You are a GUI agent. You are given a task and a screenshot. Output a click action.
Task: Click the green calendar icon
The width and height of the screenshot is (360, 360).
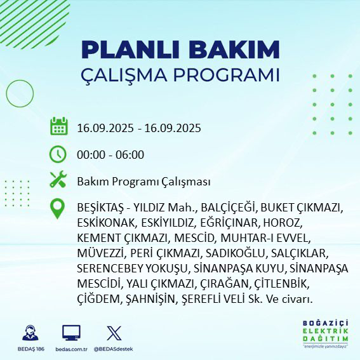(x=58, y=126)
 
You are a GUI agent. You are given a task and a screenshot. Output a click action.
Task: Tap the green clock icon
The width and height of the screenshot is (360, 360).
(x=58, y=154)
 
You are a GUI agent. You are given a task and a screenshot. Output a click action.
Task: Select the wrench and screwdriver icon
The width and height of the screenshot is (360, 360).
(x=58, y=180)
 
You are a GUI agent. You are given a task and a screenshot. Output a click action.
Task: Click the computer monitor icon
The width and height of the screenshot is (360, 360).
(x=71, y=332)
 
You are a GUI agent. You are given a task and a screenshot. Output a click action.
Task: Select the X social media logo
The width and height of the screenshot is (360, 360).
(x=114, y=332)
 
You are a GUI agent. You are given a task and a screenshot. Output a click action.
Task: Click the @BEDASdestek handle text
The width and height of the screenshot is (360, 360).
(x=114, y=349)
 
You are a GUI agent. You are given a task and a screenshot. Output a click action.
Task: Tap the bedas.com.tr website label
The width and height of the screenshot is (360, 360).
(x=71, y=349)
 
